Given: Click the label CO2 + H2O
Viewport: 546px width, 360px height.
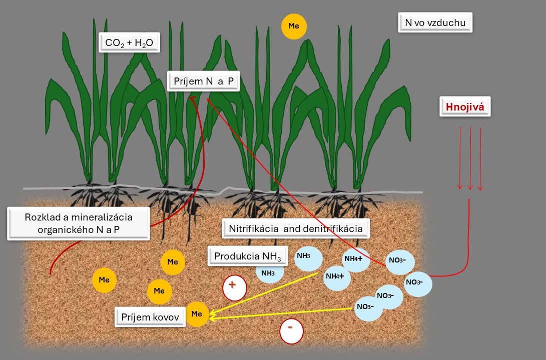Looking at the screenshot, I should tap(129, 43).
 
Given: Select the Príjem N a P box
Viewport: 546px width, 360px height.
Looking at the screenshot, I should tap(203, 81).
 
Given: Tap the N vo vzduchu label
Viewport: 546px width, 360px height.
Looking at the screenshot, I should tap(435, 23).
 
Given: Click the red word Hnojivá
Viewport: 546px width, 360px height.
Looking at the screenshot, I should tap(465, 106).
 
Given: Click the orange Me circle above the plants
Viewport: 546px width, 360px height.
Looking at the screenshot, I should tap(294, 27).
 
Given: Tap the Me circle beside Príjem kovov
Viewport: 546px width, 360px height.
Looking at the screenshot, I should tap(197, 314).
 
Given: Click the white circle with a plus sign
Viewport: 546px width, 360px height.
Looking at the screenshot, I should tap(235, 287).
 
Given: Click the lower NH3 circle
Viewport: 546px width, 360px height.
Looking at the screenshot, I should tap(270, 273).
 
